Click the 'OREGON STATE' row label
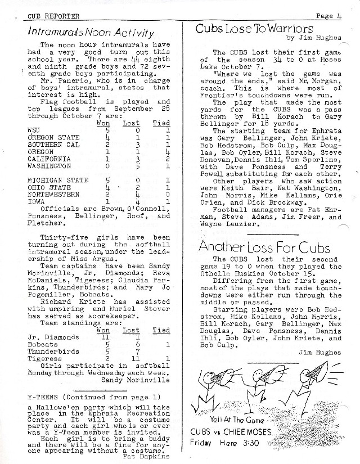[53, 137]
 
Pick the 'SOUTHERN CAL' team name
[53, 145]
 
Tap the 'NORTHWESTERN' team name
[53, 195]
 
